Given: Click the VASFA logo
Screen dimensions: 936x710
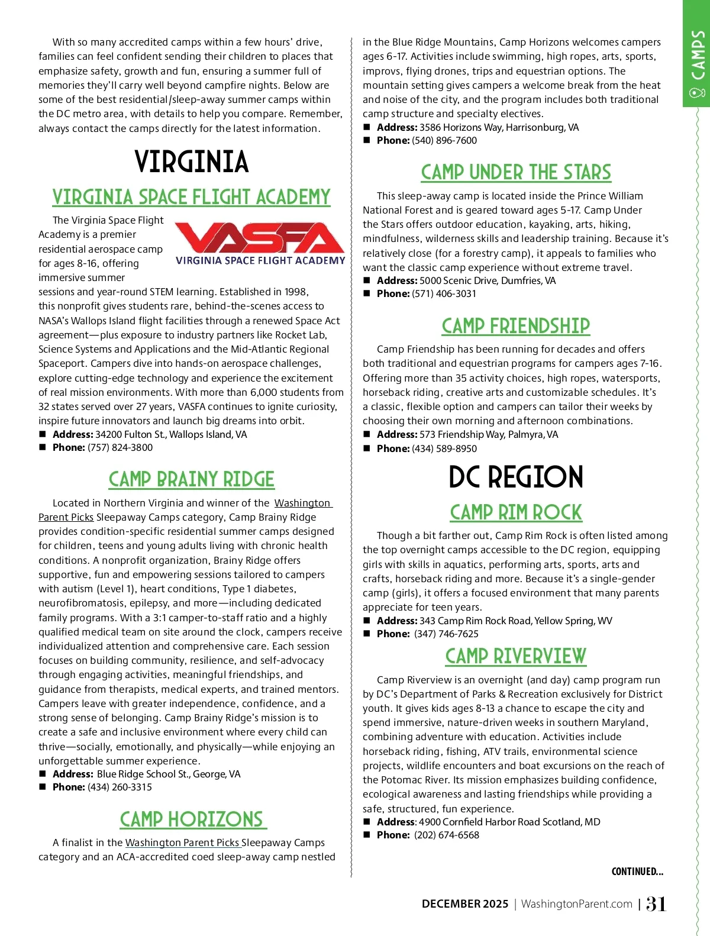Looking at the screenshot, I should (x=260, y=243).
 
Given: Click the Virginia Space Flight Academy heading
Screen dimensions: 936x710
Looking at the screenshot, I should (x=191, y=197).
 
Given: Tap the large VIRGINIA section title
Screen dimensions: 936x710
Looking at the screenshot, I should (x=191, y=162).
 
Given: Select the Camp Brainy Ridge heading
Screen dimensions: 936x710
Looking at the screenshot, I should (x=191, y=479).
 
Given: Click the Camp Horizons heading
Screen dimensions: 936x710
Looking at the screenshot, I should (x=192, y=819).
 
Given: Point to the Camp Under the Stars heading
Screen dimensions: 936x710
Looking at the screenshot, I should (x=516, y=172).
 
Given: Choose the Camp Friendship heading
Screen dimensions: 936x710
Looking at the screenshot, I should (x=516, y=325).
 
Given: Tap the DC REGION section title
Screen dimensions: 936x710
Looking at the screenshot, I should (x=516, y=477).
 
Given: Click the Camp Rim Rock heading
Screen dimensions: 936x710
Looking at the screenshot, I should (x=516, y=512).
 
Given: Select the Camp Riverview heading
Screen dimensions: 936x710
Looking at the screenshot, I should (x=516, y=656).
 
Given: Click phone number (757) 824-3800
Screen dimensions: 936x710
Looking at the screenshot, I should (x=120, y=448).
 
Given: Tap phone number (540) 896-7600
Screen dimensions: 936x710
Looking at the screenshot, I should (x=444, y=141).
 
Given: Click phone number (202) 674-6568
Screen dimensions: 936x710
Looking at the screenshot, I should (x=447, y=835).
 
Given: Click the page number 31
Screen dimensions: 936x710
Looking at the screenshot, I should (x=656, y=904).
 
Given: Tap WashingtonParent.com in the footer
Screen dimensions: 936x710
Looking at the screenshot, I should (x=577, y=904).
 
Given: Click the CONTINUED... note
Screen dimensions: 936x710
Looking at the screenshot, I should (x=637, y=872).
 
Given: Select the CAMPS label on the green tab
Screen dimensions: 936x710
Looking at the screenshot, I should (x=698, y=57).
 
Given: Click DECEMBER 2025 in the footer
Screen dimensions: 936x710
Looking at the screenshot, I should (x=465, y=904).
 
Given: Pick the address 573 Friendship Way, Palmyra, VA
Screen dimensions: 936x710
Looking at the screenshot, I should (x=489, y=435).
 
